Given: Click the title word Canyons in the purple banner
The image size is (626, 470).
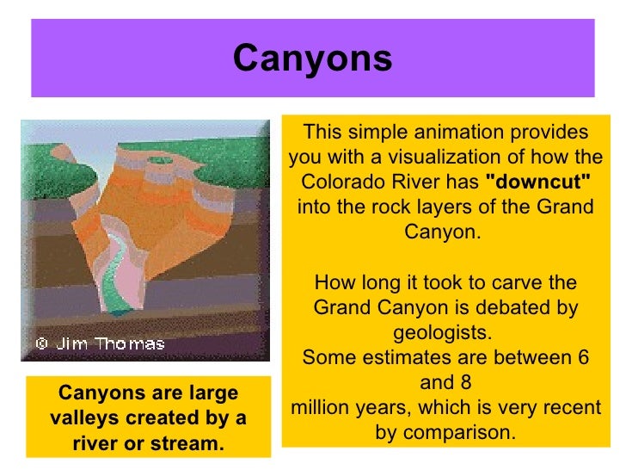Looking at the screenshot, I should pos(312,59).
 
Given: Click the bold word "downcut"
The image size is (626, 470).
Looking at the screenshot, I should pos(538,182).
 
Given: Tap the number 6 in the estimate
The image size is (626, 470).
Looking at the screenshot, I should pos(585,357).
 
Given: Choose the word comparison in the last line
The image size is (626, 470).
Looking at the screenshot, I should pos(469,432).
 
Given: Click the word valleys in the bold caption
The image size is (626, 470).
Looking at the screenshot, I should pos(82,418).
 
